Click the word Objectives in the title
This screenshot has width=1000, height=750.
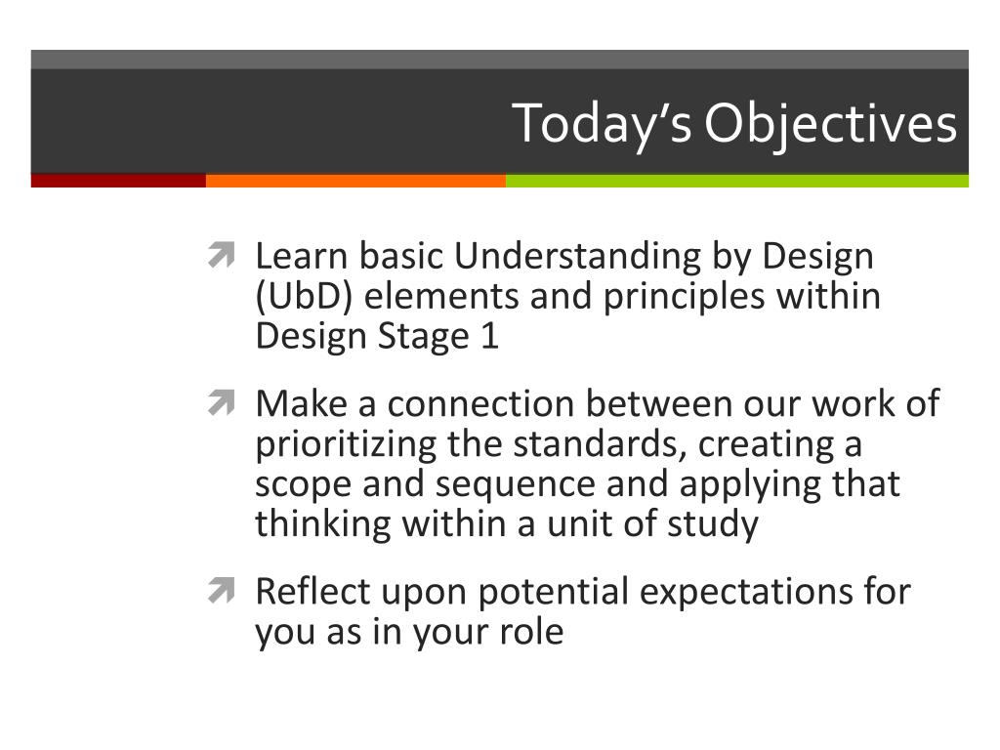point(830,124)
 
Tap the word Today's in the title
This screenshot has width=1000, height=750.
point(602,124)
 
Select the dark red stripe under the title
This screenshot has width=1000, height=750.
point(118,181)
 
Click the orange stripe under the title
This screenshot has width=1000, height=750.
point(355,181)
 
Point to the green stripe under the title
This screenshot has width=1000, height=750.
point(737,181)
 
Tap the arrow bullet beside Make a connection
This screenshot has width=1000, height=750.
point(222,402)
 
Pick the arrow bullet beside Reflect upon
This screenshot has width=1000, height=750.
point(222,590)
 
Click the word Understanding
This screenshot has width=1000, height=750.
point(577,257)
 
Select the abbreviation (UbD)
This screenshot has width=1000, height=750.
point(304,297)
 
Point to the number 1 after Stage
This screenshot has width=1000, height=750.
point(490,336)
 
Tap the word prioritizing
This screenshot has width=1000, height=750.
point(346,445)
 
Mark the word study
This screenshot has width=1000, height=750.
point(713,524)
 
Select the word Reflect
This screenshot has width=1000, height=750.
point(313,591)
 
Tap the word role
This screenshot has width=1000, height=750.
point(531,632)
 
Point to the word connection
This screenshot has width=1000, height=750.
point(480,404)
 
